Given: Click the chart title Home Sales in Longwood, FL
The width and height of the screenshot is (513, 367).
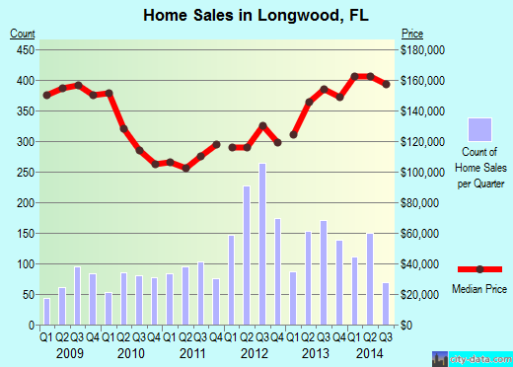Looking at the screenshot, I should coord(256,15).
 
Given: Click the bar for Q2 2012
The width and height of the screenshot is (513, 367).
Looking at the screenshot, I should coord(247,256).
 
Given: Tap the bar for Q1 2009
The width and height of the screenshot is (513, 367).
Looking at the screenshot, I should coord(46,312).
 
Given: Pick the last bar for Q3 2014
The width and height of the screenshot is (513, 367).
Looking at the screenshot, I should coord(386,304).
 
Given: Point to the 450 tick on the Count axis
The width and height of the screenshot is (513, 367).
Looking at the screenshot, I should coord(23,49).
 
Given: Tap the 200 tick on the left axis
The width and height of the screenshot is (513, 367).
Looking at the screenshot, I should coord(23,203).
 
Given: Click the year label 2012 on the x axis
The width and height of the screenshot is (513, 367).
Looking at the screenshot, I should coord(255,352).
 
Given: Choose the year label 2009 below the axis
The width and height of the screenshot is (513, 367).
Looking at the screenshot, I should coord(69,352).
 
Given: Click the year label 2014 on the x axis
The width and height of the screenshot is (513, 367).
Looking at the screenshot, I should coord(370,352).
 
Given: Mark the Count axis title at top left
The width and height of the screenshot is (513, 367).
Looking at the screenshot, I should coord(23,35).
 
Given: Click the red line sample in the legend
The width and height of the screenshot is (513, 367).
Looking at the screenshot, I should coord(479,269).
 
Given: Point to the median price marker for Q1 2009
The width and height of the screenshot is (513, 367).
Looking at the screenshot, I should coord(46,95).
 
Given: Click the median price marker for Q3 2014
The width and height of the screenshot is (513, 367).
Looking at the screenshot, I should coord(386,85).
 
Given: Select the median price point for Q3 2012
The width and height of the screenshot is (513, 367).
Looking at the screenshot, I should coord(262,125).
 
